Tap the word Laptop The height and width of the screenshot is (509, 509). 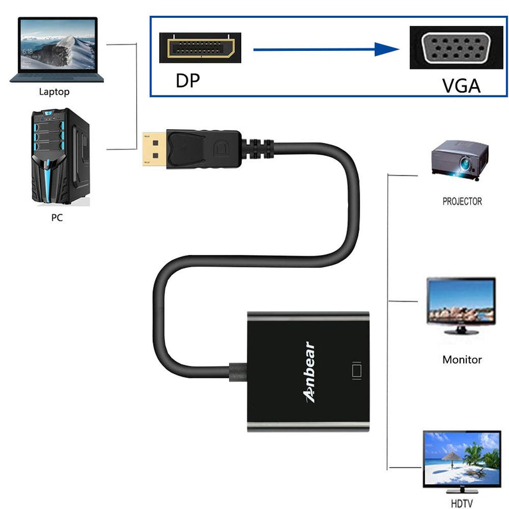[54, 92]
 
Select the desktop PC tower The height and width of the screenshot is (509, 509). [60, 157]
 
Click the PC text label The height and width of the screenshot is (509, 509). [57, 218]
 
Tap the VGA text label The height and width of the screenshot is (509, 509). [461, 86]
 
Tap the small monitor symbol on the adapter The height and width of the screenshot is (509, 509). [356, 371]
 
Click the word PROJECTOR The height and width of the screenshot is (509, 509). [463, 202]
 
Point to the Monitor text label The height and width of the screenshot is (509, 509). [463, 359]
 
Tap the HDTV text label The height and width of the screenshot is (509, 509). [463, 502]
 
